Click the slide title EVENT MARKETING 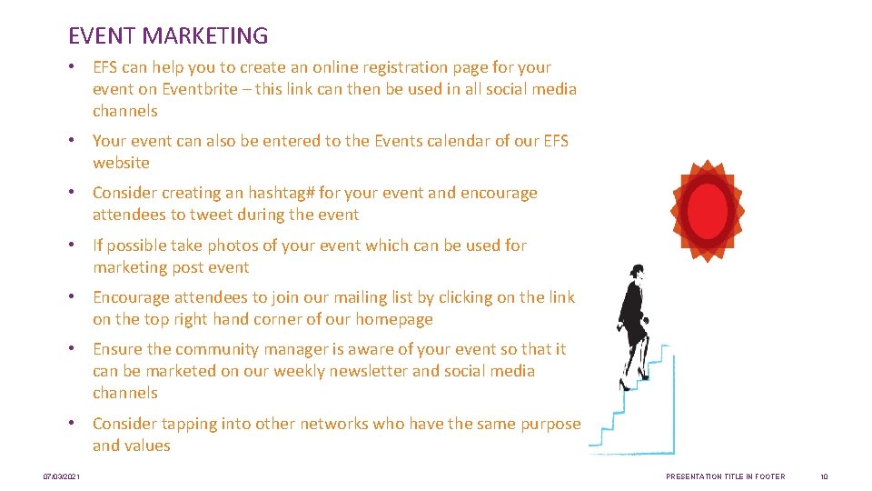pos(168,35)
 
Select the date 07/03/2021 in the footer pos(62,476)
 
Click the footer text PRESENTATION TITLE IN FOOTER pos(726,476)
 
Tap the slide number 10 pos(824,476)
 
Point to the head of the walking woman pos(638,271)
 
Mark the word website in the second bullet pos(121,163)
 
